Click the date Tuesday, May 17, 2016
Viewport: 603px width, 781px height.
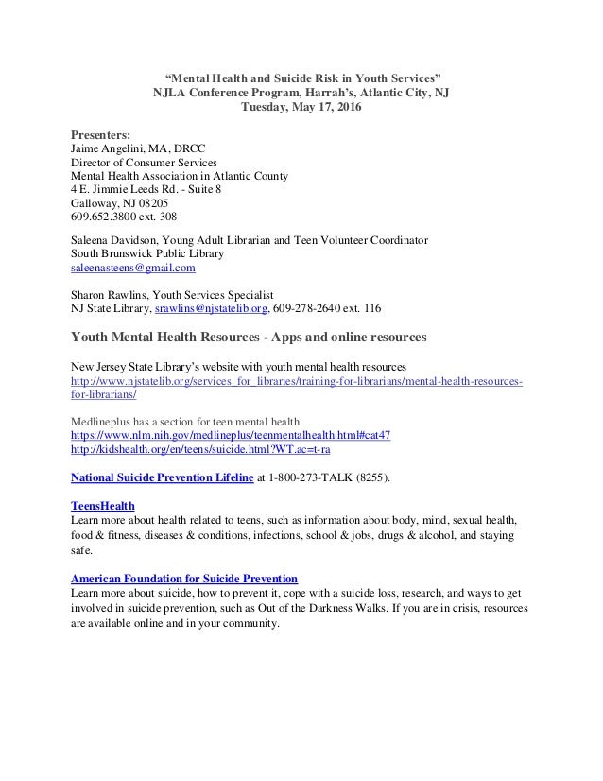coord(301,108)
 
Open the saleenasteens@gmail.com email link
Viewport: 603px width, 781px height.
coord(133,268)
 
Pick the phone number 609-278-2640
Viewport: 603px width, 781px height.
coord(315,307)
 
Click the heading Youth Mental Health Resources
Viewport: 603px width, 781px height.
coord(180,337)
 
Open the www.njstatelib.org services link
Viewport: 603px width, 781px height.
coord(298,379)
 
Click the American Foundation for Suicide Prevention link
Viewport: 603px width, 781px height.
coord(184,577)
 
